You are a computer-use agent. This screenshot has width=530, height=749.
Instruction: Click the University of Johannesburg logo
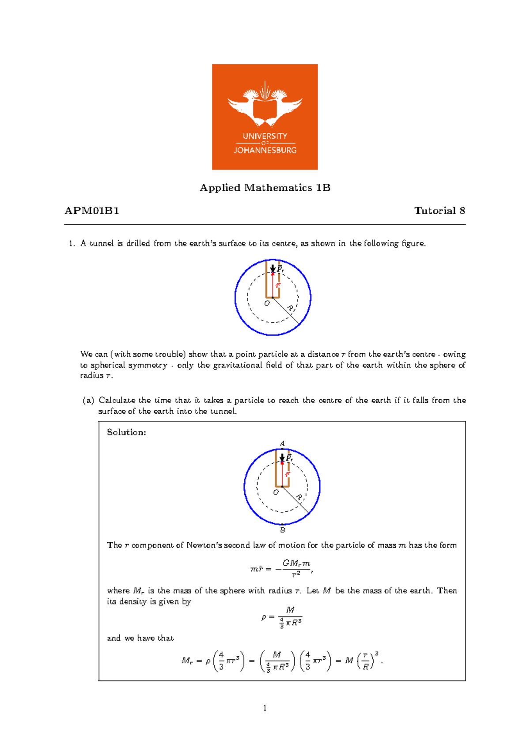point(265,117)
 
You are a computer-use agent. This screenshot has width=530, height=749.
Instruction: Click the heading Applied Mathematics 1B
point(265,188)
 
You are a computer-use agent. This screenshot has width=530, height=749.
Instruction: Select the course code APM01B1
point(92,211)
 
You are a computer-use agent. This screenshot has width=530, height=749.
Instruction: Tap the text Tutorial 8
point(439,211)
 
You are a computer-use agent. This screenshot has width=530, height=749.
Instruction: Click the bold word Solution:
point(126,432)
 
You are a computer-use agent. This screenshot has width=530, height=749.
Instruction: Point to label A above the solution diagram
point(282,443)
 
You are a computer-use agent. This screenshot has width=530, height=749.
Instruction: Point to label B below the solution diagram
point(283,530)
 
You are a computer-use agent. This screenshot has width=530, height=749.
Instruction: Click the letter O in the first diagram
point(267,303)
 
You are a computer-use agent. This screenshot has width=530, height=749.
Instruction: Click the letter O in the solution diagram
point(276,492)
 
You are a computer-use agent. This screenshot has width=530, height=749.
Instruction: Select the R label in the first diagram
point(290,308)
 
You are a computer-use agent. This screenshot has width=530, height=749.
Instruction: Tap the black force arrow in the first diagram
point(273,268)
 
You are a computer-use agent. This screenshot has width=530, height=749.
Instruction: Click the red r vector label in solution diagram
point(287,474)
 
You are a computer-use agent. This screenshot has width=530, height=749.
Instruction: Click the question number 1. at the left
point(72,243)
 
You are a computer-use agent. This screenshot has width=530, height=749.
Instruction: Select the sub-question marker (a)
point(88,401)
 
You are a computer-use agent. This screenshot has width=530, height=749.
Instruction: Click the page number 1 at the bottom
point(265,708)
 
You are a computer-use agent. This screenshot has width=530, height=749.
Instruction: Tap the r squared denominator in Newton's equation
point(296,574)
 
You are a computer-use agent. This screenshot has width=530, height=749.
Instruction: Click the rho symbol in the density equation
point(264,617)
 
